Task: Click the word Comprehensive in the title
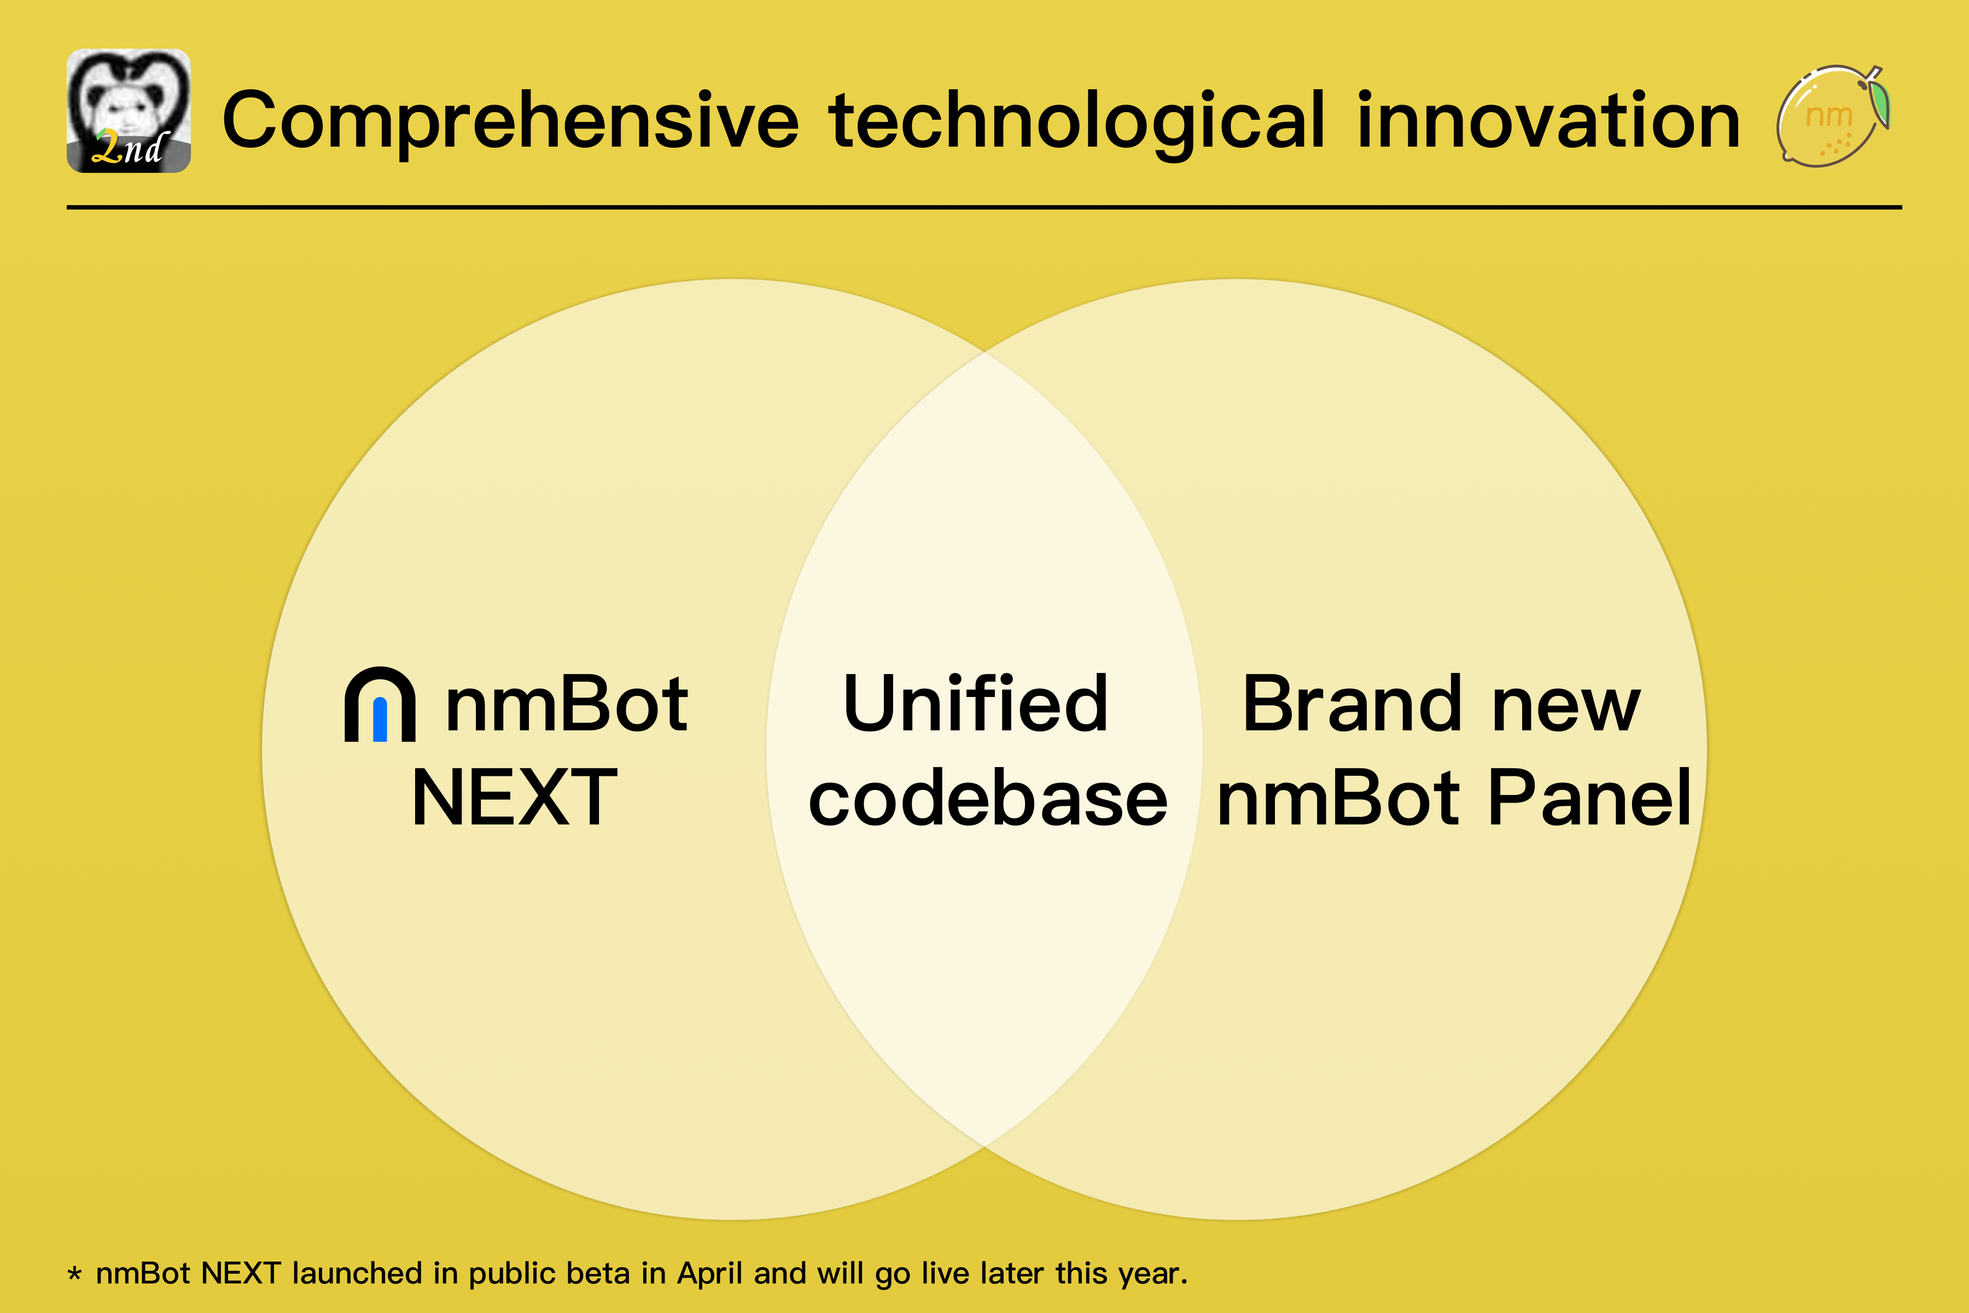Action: pyautogui.click(x=511, y=121)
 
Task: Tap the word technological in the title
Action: pyautogui.click(x=1076, y=121)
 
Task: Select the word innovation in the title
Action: pyautogui.click(x=1549, y=121)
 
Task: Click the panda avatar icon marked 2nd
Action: pyautogui.click(x=128, y=111)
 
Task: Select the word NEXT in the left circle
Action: pyautogui.click(x=514, y=798)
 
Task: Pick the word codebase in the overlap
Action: pyautogui.click(x=988, y=798)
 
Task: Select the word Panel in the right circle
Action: pyautogui.click(x=1589, y=798)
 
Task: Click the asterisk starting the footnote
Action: pyautogui.click(x=74, y=1275)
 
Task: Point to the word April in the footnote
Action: pyautogui.click(x=710, y=1274)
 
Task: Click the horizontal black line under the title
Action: pyautogui.click(x=984, y=207)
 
